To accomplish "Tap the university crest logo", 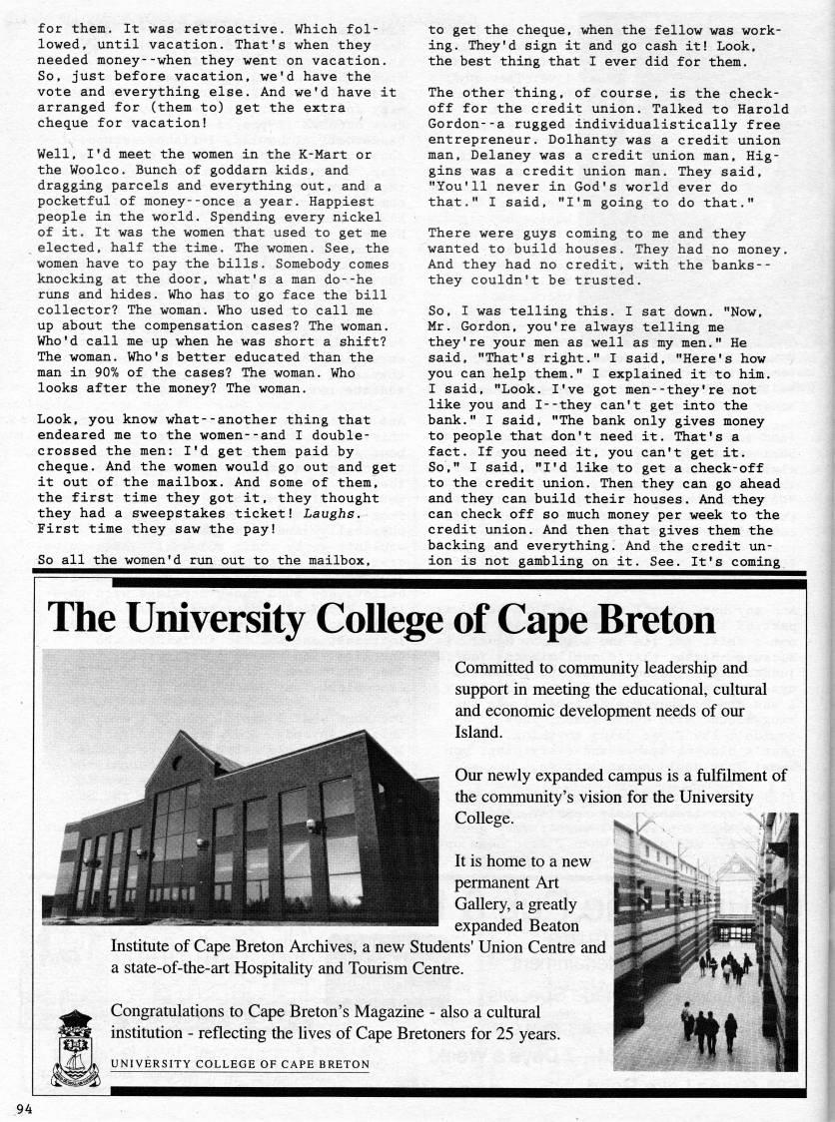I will pos(74,1048).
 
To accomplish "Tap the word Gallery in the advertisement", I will pos(489,904).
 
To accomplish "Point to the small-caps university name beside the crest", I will pos(239,1064).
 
